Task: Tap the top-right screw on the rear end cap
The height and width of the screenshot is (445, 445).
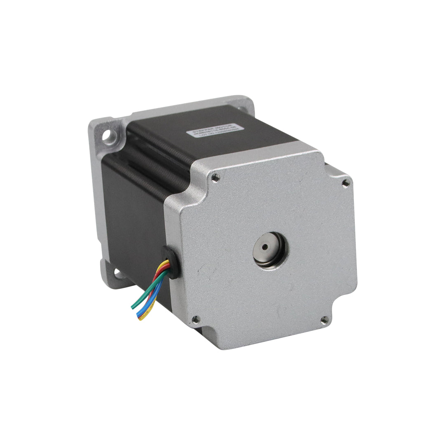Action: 345,181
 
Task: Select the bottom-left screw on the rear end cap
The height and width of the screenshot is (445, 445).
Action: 196,319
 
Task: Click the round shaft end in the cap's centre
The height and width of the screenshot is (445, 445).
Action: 264,248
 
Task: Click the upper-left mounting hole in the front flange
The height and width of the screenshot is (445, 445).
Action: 111,136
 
